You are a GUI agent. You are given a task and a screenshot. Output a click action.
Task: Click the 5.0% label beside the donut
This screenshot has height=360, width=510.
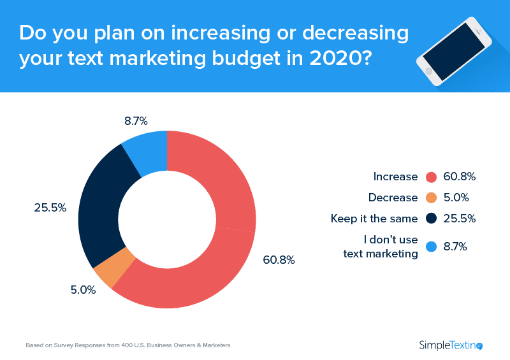(x=83, y=290)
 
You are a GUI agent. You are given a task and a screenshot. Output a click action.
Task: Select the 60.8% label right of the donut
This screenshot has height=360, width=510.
(x=279, y=260)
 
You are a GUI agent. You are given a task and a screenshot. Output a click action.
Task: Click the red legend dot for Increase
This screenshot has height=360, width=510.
(x=430, y=176)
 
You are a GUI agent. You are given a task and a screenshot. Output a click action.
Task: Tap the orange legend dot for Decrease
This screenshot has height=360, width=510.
(x=430, y=198)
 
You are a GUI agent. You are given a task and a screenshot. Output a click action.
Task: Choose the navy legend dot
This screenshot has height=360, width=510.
(x=430, y=219)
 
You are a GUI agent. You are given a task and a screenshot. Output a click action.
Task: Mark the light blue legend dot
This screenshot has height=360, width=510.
(x=430, y=247)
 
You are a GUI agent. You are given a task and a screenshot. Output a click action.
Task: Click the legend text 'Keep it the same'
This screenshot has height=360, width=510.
(x=374, y=219)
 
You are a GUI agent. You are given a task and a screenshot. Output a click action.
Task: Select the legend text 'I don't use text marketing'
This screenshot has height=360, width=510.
(x=381, y=247)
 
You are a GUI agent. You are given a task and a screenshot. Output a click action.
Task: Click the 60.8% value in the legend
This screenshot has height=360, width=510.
(x=460, y=176)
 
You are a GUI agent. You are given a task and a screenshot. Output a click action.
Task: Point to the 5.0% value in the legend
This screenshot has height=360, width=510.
(x=456, y=198)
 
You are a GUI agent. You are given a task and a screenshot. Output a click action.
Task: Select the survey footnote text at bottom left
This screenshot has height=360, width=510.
(x=127, y=345)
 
